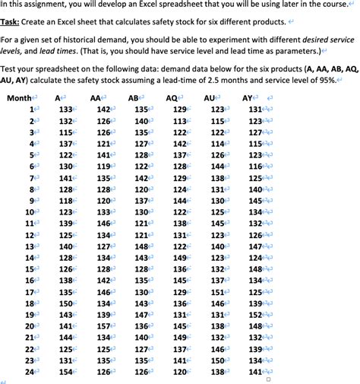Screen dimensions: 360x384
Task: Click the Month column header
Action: coord(20,98)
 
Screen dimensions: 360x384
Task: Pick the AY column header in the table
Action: coord(248,98)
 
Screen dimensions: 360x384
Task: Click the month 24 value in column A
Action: coord(66,372)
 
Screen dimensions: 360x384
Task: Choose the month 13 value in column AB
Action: coord(141,246)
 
